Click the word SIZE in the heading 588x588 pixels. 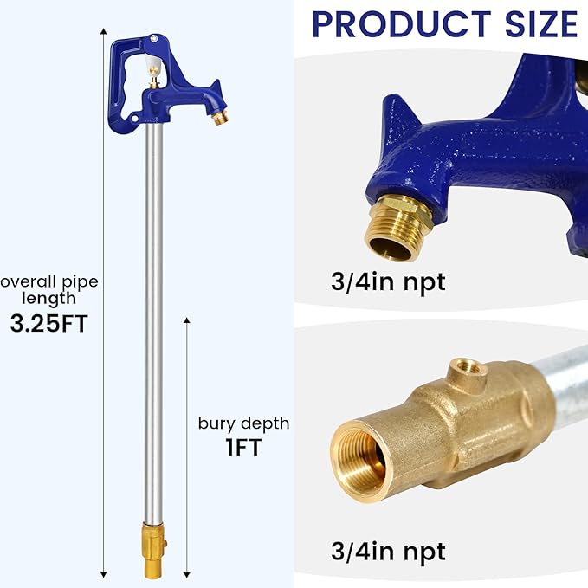pyautogui.click(x=539, y=24)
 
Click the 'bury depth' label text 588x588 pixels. pyautogui.click(x=243, y=423)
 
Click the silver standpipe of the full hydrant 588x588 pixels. pyautogui.click(x=153, y=329)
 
